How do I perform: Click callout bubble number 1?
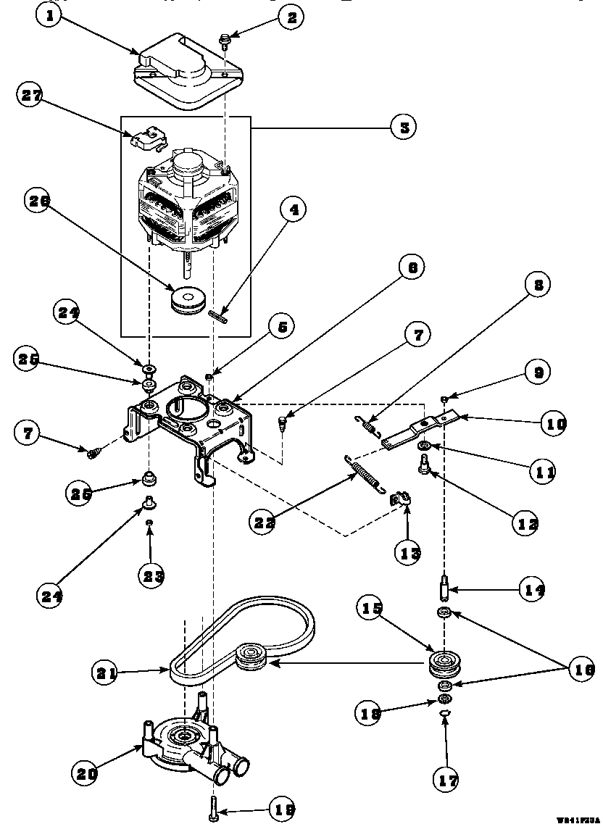(x=48, y=18)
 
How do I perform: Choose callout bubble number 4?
(x=292, y=211)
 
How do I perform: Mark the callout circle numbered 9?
(x=537, y=373)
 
